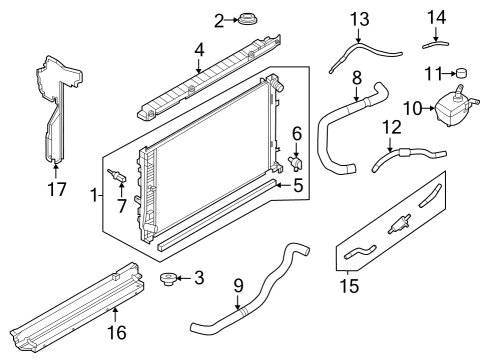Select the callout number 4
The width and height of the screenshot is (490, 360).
pos(199,48)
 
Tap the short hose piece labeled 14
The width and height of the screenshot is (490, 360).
pos(436,41)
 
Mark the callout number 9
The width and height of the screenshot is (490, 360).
pos(238,287)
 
